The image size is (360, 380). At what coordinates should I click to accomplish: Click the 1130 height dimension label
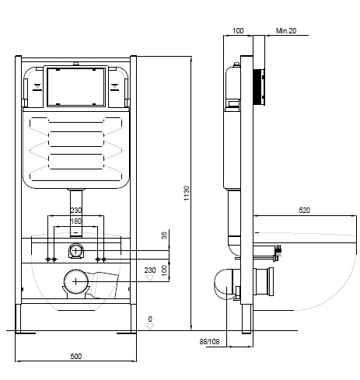click(x=187, y=193)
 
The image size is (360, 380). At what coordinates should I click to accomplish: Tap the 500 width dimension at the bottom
click(x=76, y=357)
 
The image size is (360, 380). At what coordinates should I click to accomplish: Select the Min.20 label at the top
click(x=286, y=31)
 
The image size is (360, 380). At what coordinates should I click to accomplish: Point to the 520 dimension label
click(x=304, y=210)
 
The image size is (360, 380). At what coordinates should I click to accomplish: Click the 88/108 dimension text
click(x=209, y=342)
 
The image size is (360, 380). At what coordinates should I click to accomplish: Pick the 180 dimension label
click(x=76, y=221)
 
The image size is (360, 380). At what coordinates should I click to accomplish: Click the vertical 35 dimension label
click(x=164, y=235)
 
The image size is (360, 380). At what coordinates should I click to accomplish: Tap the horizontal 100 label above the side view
click(x=238, y=31)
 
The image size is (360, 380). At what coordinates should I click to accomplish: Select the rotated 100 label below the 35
click(x=164, y=270)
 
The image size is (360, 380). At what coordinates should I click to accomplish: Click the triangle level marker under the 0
click(x=150, y=327)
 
